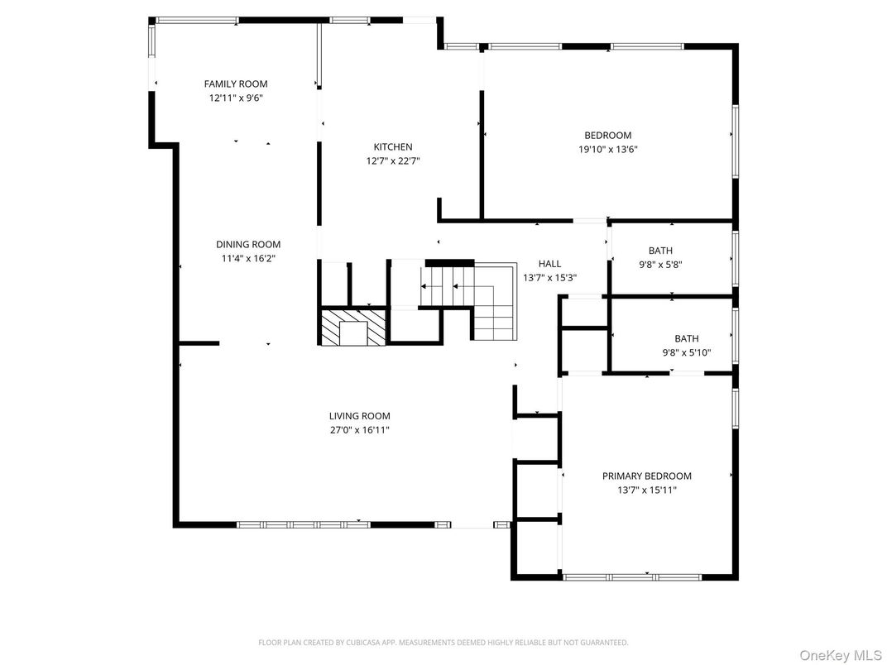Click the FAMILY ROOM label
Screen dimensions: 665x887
tap(236, 84)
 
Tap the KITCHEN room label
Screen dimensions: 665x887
tap(392, 147)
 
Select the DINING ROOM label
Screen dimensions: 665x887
tap(248, 244)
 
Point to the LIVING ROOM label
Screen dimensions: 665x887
tap(359, 416)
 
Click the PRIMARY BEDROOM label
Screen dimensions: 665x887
tap(646, 476)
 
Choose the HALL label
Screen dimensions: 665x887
tap(549, 264)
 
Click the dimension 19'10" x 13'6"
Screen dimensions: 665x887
tap(607, 150)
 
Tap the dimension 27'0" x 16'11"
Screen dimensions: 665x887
tap(359, 430)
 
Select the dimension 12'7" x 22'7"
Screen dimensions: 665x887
tap(392, 161)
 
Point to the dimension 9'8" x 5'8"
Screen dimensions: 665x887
tap(660, 265)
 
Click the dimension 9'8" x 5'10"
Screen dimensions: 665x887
tap(686, 352)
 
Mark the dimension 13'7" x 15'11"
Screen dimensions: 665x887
tap(646, 490)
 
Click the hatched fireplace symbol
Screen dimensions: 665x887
tap(353, 328)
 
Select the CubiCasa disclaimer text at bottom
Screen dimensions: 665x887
tap(443, 642)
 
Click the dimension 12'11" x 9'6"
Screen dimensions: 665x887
tap(236, 98)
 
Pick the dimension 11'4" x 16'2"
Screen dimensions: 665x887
tap(248, 258)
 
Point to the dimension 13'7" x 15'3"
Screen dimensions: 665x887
tap(549, 278)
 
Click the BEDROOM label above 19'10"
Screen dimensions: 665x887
tap(607, 136)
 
